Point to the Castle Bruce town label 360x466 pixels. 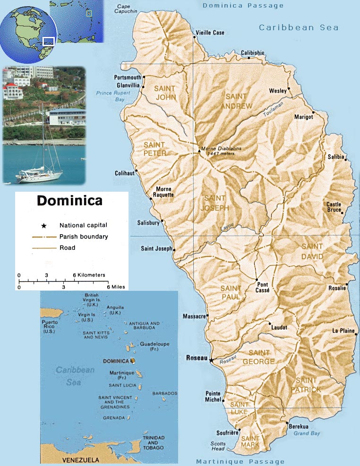click(x=334, y=207)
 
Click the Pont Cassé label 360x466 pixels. click(x=263, y=288)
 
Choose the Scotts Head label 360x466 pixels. click(x=219, y=446)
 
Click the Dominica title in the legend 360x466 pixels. click(x=69, y=201)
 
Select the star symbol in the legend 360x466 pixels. click(x=43, y=226)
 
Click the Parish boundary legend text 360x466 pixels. click(x=83, y=237)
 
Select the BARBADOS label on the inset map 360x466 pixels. click(x=164, y=393)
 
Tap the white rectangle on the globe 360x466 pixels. click(x=49, y=41)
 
